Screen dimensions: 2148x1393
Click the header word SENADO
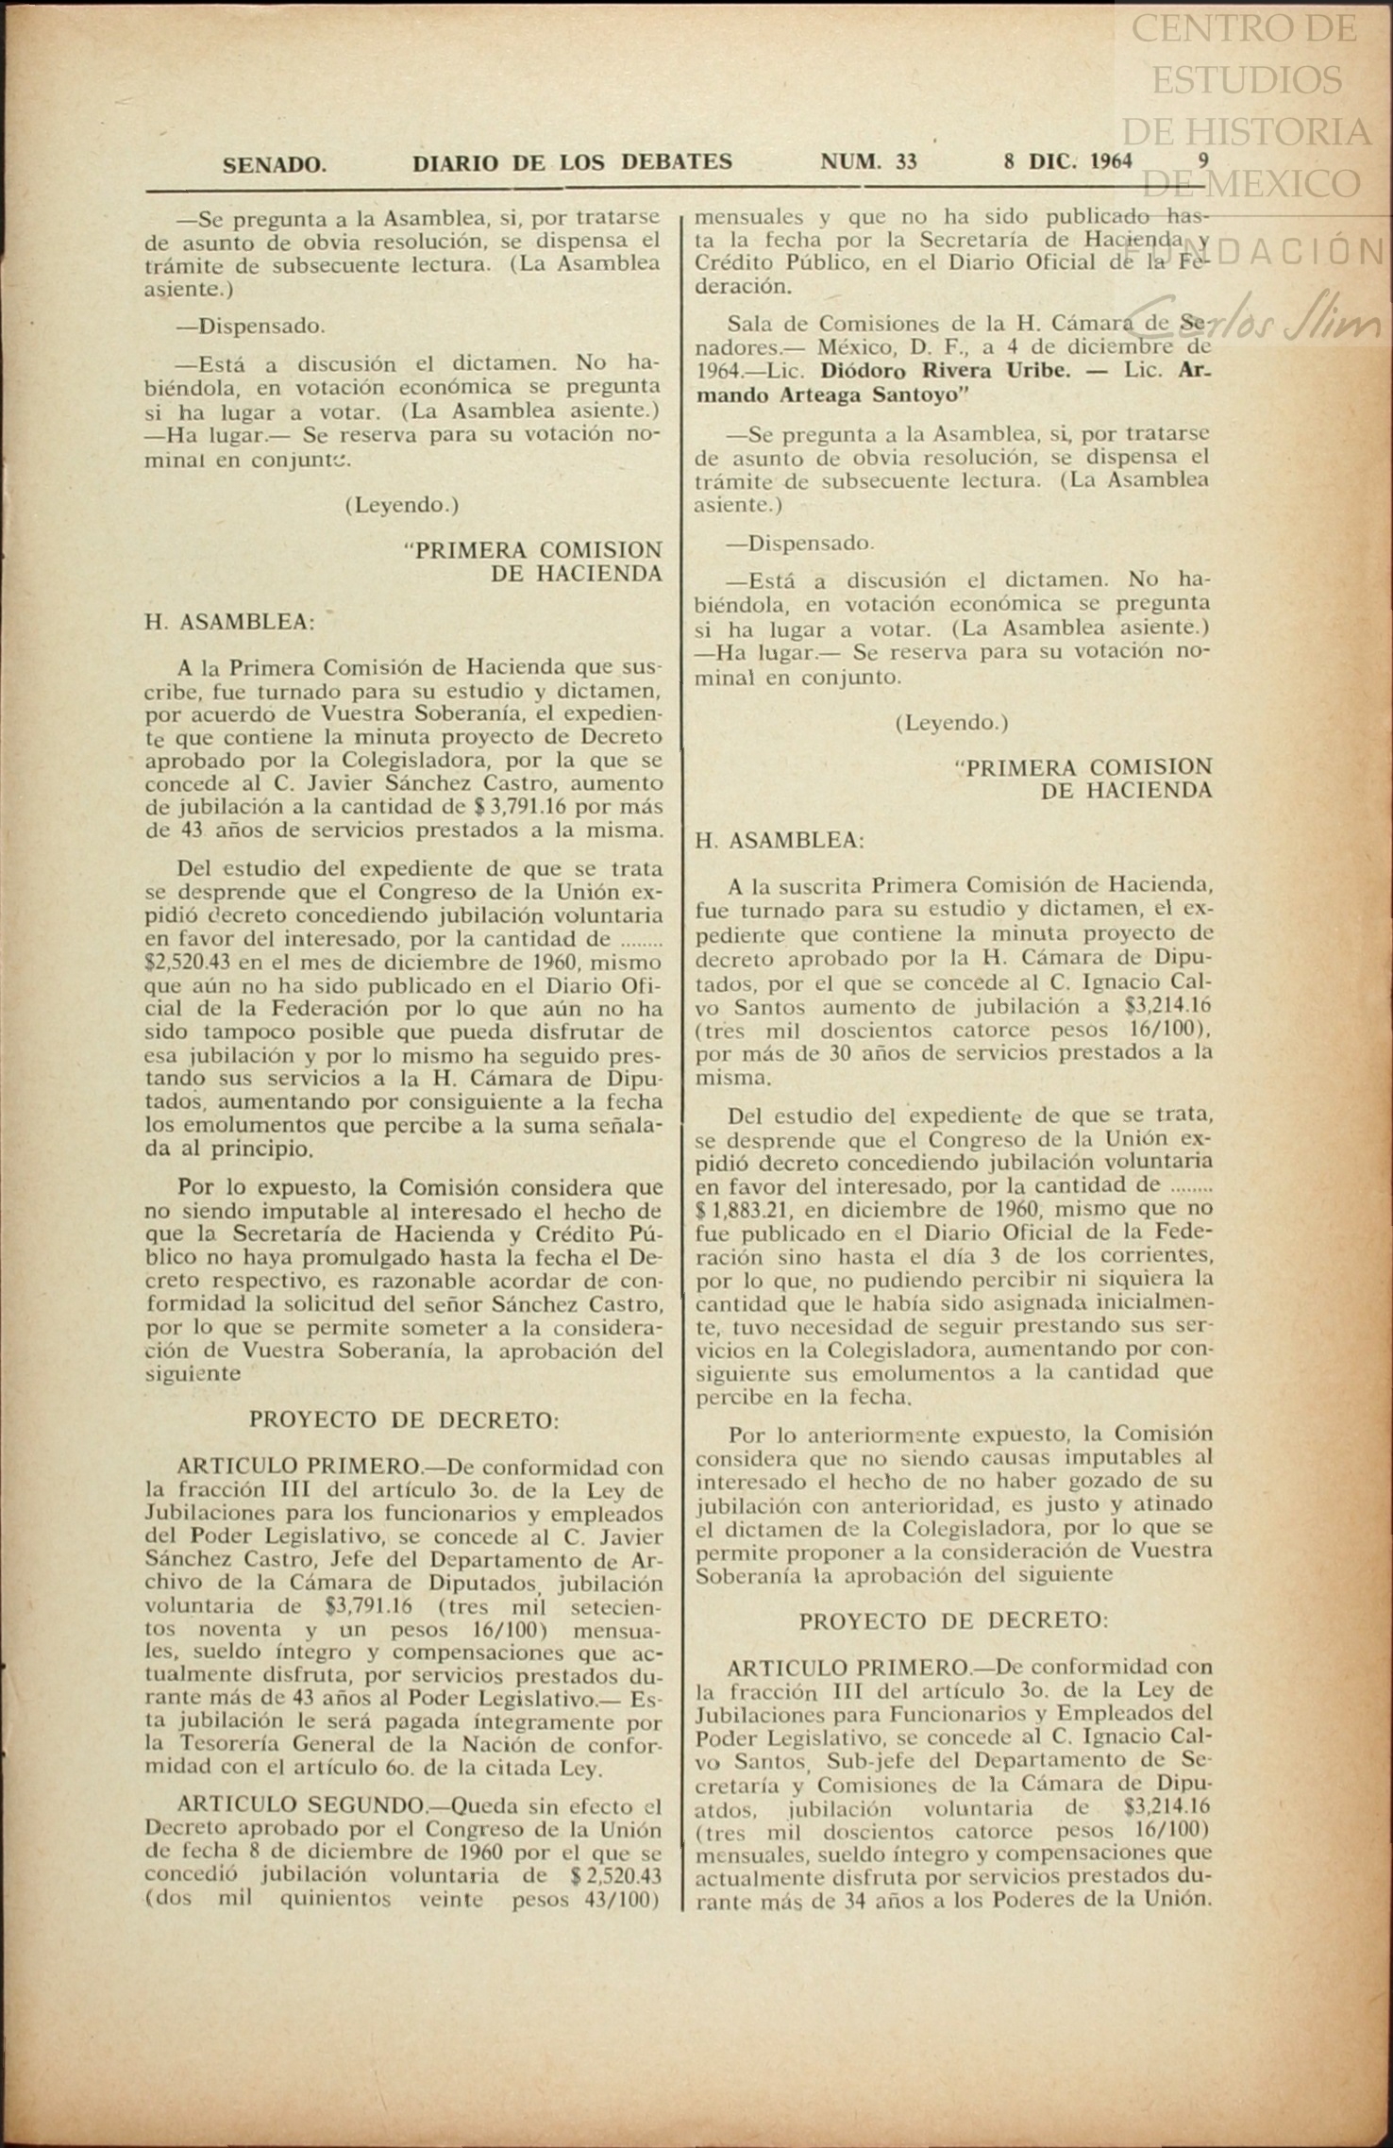(275, 164)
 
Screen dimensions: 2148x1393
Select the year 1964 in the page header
(1110, 160)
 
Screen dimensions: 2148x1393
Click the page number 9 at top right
(1203, 159)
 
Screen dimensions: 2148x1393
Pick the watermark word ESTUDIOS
(1246, 80)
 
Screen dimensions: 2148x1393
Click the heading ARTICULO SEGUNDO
(301, 1806)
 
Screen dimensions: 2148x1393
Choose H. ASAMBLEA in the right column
(779, 841)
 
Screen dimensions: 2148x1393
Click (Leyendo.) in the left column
(402, 506)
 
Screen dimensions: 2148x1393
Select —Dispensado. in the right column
(799, 544)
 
